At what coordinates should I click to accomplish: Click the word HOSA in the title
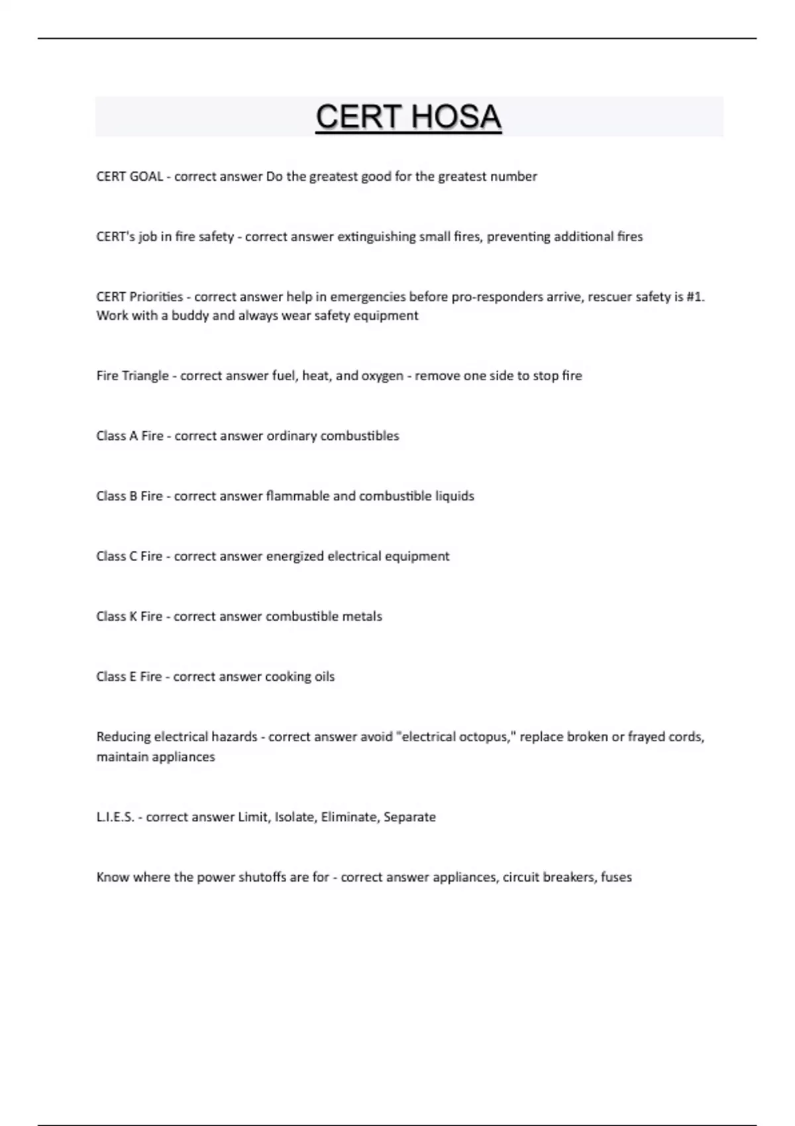456,117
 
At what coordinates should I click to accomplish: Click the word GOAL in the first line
146,176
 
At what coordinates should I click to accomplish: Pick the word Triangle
146,376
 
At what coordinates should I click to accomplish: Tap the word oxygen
382,376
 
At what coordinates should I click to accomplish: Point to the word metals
362,617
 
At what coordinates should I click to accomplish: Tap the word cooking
288,677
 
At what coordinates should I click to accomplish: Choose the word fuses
616,878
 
